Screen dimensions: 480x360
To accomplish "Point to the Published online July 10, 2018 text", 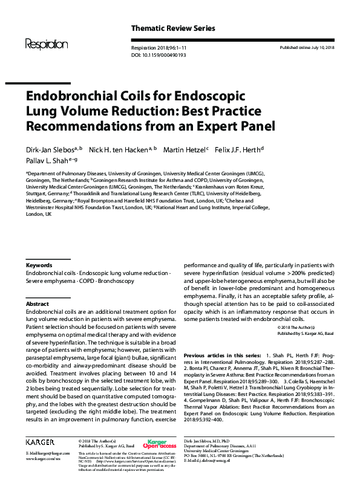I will [x=308, y=47].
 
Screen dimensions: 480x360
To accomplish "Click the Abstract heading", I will [x=37, y=303].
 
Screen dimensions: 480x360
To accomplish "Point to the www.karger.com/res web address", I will [x=44, y=459].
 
